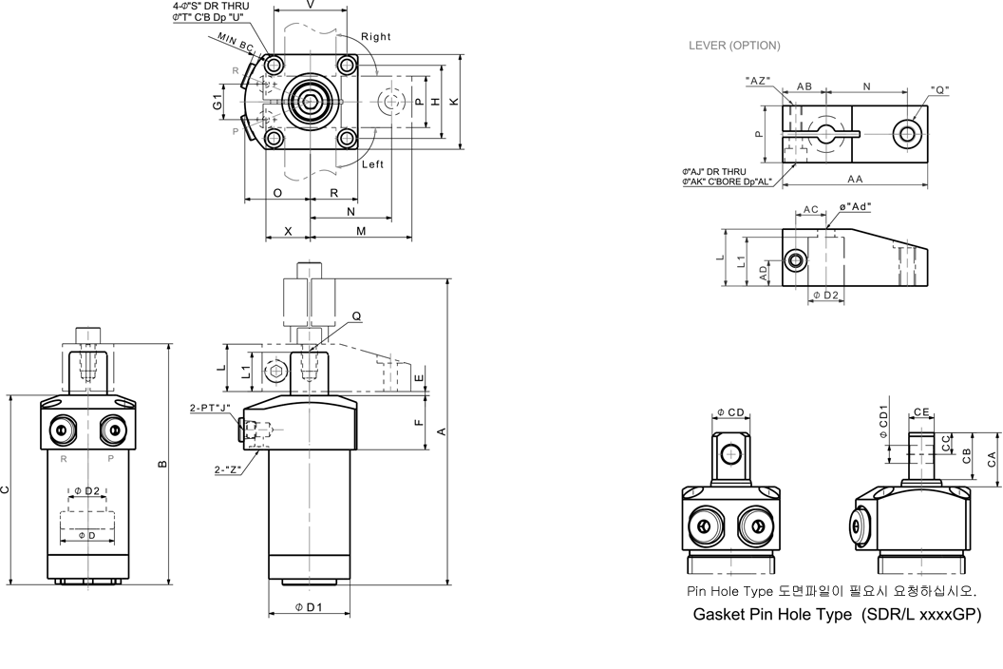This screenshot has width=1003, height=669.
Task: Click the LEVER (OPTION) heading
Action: pos(734,46)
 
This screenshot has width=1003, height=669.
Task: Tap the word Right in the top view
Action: pos(376,37)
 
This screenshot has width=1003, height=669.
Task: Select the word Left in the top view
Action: pos(372,164)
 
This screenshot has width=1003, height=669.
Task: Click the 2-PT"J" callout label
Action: pos(211,408)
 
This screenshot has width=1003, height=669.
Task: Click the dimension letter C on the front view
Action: pos(6,490)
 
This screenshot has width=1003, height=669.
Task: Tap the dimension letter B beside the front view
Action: pos(161,464)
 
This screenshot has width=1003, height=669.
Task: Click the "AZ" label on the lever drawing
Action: pos(758,81)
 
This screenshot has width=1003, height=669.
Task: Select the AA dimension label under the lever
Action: pos(855,179)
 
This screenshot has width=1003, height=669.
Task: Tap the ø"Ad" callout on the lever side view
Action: pos(855,206)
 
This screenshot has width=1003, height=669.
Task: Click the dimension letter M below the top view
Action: pos(361,231)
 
